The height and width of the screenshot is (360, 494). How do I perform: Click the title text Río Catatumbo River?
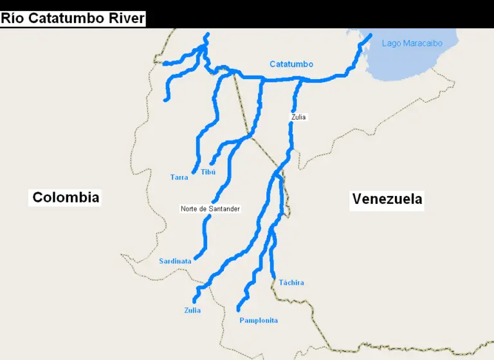click(73, 18)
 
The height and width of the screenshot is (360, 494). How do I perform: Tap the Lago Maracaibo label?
click(412, 44)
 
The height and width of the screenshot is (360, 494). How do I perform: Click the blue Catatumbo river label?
click(291, 64)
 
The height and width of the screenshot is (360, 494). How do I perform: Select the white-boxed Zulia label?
click(298, 117)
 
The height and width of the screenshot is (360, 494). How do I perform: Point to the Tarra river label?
click(179, 177)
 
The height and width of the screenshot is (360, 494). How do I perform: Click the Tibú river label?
click(208, 172)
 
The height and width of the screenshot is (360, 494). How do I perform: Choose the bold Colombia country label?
click(66, 197)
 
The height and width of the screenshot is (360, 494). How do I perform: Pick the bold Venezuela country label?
click(387, 199)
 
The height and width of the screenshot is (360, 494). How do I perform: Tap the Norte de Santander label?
click(210, 209)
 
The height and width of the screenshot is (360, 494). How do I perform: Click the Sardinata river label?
click(176, 261)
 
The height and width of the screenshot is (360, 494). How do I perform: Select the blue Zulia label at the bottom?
click(192, 310)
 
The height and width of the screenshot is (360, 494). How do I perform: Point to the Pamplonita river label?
click(259, 320)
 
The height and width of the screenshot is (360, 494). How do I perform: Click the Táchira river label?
click(291, 283)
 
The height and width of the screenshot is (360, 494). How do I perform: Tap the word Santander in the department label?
click(224, 209)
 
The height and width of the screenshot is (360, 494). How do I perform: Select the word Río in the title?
click(13, 18)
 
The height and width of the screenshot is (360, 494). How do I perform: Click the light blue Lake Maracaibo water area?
click(418, 64)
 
